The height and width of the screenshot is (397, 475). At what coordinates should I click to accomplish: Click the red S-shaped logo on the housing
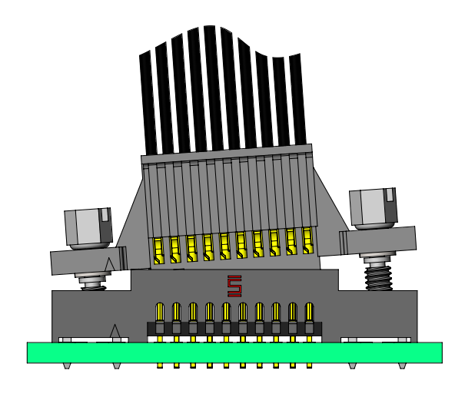click(234, 286)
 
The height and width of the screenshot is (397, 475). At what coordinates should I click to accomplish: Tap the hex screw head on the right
click(373, 207)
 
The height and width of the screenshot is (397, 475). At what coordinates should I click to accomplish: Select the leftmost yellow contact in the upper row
click(158, 250)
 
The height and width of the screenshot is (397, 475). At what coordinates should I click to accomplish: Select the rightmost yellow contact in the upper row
click(307, 240)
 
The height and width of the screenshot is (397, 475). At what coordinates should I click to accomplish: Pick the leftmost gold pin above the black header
click(160, 312)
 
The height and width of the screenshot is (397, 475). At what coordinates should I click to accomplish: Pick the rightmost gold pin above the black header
click(309, 312)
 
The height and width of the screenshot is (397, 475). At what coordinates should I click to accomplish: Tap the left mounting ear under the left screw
click(85, 260)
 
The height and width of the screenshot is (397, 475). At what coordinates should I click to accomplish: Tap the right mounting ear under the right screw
click(380, 240)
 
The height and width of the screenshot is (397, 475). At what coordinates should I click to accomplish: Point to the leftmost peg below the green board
click(67, 366)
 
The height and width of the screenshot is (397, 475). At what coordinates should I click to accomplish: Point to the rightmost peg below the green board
click(402, 366)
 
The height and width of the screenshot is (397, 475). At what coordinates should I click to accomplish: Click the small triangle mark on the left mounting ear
click(109, 265)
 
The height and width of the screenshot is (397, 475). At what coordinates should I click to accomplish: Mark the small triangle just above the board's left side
click(115, 332)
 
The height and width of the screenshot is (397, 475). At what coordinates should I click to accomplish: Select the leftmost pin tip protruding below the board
click(160, 366)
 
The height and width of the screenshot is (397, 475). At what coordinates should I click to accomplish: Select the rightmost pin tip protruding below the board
click(309, 366)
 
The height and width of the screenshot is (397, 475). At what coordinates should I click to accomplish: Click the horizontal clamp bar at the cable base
click(227, 154)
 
